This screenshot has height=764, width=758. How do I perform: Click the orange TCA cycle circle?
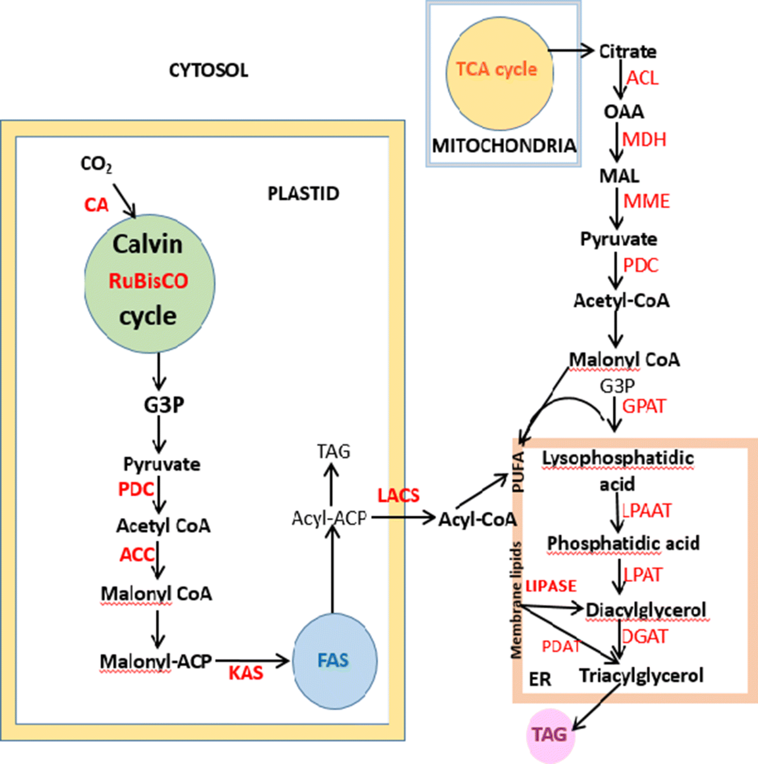pyautogui.click(x=497, y=70)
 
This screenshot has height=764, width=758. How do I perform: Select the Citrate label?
pyautogui.click(x=627, y=52)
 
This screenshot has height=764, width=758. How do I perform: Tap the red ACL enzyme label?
pyautogui.click(x=642, y=78)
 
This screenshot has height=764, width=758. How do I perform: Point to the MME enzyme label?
pyautogui.click(x=646, y=202)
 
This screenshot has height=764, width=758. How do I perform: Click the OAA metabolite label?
pyautogui.click(x=623, y=112)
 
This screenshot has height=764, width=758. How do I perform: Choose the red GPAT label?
pyautogui.click(x=644, y=406)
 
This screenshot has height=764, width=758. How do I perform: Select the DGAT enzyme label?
pyautogui.click(x=645, y=636)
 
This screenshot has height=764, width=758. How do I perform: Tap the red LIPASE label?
pyautogui.click(x=551, y=586)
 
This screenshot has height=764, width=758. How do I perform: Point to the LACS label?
pyautogui.click(x=399, y=495)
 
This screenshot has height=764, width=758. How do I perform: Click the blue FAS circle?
pyautogui.click(x=334, y=661)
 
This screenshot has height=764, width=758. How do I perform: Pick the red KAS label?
pyautogui.click(x=246, y=672)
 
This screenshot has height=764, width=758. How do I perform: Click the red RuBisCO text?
pyautogui.click(x=148, y=281)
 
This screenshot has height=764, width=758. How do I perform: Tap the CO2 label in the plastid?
pyautogui.click(x=96, y=165)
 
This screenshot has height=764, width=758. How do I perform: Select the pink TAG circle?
pyautogui.click(x=550, y=735)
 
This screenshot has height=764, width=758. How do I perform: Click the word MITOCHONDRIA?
pyautogui.click(x=503, y=146)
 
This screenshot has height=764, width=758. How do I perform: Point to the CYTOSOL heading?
pyautogui.click(x=208, y=70)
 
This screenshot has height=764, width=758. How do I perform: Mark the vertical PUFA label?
pyautogui.click(x=519, y=472)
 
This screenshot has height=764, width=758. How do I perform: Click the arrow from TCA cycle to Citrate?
pyautogui.click(x=571, y=51)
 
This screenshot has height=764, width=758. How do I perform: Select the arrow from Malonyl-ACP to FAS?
pyautogui.click(x=251, y=661)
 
